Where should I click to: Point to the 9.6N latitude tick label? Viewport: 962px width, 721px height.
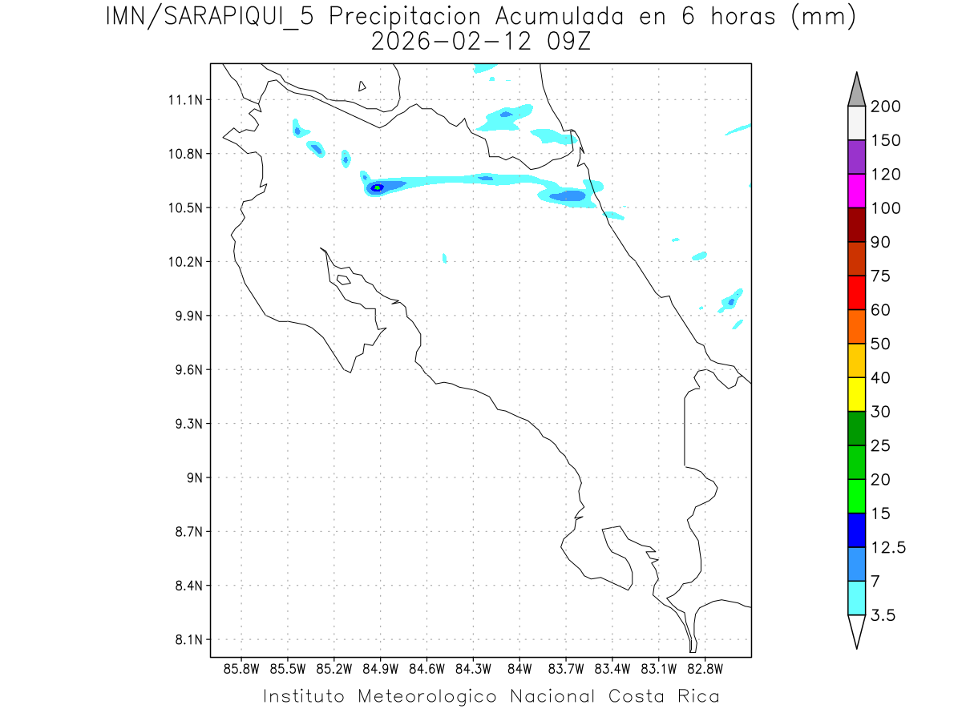click(187, 370)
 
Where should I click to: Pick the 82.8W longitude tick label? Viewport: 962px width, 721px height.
click(705, 668)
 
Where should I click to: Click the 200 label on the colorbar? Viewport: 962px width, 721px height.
click(886, 107)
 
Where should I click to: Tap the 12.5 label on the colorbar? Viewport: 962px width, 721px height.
click(888, 548)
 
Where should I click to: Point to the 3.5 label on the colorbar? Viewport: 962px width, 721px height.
click(883, 615)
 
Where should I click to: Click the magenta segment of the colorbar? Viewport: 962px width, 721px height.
click(856, 191)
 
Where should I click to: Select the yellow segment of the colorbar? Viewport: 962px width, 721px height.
click(856, 394)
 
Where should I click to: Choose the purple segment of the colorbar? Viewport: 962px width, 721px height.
click(856, 157)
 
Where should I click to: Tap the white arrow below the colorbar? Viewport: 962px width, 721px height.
click(856, 630)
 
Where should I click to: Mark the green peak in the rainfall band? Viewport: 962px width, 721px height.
click(376, 187)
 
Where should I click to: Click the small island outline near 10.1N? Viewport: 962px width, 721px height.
click(343, 280)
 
